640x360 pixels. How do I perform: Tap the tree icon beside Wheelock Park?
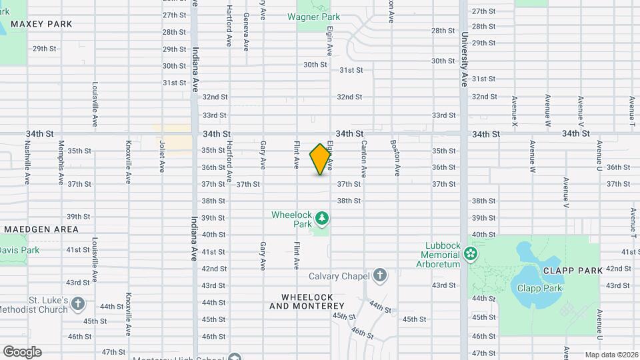(322, 218)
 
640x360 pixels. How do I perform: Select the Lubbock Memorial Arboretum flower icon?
(471, 253)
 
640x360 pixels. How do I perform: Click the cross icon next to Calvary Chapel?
(379, 275)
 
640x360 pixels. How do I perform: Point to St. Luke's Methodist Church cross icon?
(78, 305)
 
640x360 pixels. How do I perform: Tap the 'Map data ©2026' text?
(611, 355)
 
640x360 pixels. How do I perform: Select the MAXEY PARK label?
(32, 24)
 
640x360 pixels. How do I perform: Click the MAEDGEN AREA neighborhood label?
(41, 229)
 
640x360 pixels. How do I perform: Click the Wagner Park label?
(318, 17)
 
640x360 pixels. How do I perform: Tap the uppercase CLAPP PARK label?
(573, 270)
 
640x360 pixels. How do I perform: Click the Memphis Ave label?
(61, 163)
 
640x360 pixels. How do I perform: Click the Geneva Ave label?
(247, 32)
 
